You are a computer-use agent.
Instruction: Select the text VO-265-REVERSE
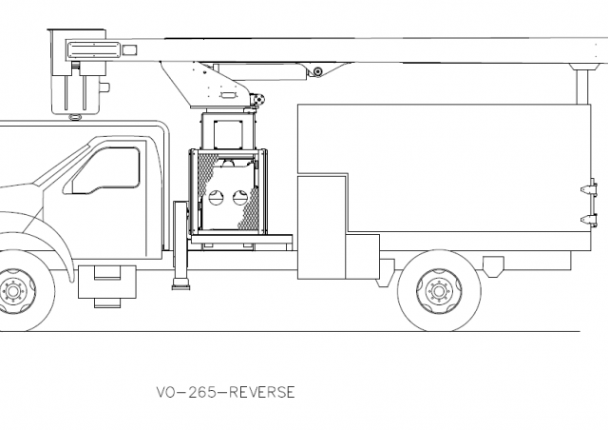coord(224,391)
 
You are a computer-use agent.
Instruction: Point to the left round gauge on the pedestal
coord(216,199)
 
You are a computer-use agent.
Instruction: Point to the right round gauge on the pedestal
coord(238,199)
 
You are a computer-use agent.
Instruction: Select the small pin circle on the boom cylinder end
coord(317,71)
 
